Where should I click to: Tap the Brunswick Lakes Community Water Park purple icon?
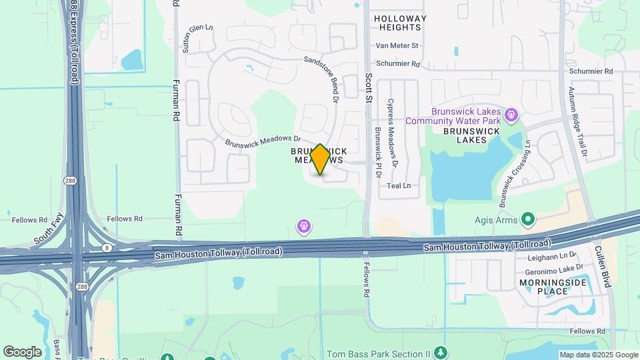click(511, 115)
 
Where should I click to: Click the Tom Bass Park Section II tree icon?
click(440, 352)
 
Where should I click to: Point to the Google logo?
click(22, 351)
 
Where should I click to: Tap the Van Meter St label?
click(397, 46)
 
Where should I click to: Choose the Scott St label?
click(368, 88)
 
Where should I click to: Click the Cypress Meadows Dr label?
click(393, 133)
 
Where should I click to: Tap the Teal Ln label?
click(399, 186)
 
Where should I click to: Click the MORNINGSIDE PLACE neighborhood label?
click(543, 287)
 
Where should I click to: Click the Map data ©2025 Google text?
click(598, 355)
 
